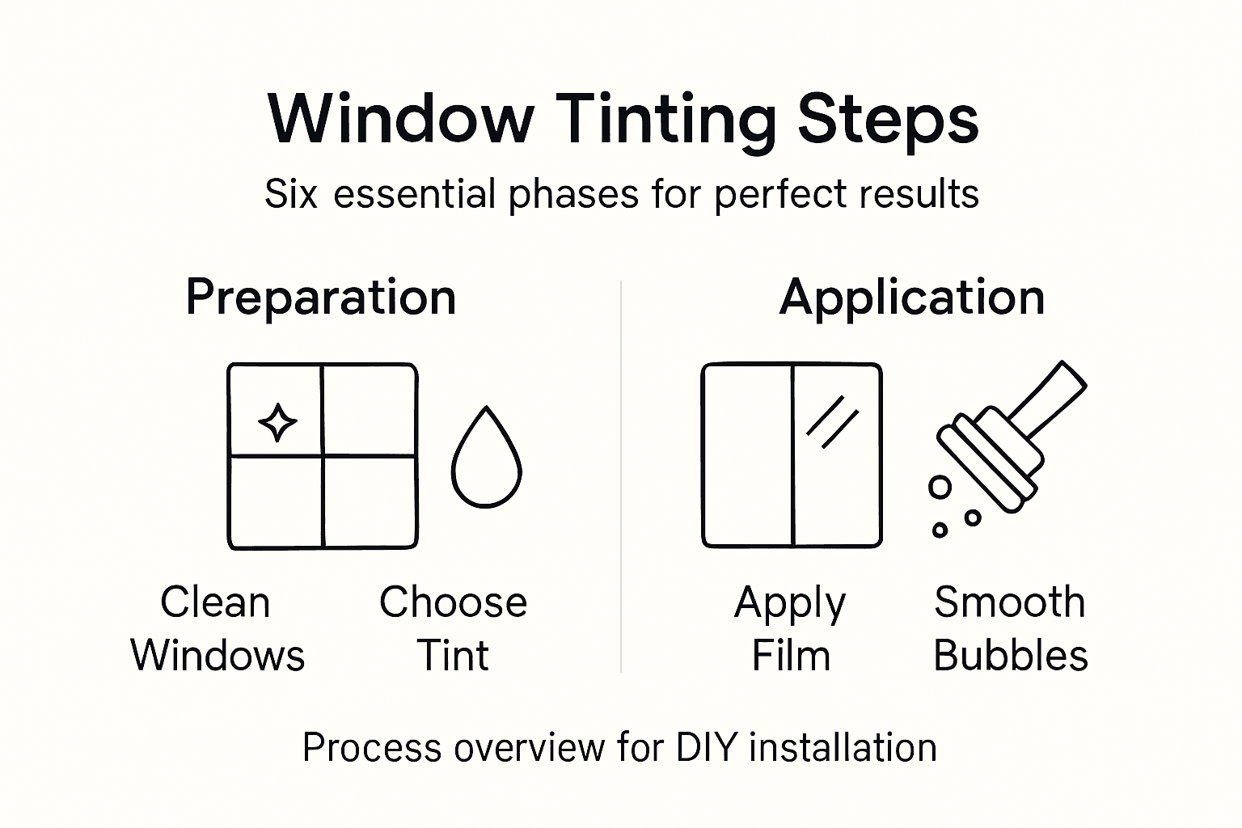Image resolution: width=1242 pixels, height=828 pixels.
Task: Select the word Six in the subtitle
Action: point(290,195)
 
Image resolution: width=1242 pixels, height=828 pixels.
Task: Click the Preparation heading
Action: point(321,297)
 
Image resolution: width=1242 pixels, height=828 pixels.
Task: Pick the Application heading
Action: point(912,297)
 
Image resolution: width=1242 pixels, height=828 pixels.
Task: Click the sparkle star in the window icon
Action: point(277,422)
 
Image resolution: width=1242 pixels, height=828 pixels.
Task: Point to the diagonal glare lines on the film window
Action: point(832,421)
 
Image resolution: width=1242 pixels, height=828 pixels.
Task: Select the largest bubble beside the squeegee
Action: point(940,487)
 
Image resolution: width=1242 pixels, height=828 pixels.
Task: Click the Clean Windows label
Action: point(217,628)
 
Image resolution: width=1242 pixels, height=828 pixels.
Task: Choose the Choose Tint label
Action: point(453,628)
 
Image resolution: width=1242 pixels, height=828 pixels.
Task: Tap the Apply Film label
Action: point(790,628)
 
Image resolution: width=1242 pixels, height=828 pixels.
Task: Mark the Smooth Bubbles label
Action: point(1010,628)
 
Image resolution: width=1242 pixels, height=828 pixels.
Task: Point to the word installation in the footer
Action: point(843,748)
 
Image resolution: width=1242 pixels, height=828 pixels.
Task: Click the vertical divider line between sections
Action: point(621,477)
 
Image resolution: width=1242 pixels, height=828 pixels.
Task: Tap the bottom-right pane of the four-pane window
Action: point(370,501)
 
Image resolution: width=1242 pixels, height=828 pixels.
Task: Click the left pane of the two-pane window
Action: point(747,455)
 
